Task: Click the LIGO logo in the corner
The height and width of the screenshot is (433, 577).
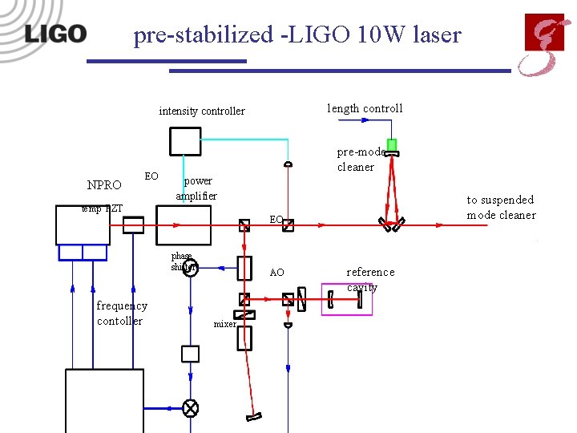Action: point(54,34)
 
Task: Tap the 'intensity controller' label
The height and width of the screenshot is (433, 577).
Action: point(202,111)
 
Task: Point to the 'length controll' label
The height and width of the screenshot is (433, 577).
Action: point(365,108)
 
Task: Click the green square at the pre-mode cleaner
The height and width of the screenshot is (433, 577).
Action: point(391,144)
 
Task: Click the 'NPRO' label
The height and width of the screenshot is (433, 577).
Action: point(104,185)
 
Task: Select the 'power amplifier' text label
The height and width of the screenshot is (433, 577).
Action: point(197,188)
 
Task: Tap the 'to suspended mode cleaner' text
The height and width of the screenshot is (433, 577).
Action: point(501,207)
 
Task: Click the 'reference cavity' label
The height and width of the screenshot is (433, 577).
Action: point(369,279)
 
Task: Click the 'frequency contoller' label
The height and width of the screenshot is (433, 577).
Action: point(121,313)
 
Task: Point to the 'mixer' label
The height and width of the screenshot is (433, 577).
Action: point(224,325)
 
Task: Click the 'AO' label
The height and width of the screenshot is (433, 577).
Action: point(276,273)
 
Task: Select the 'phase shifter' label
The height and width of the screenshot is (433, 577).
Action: point(182,261)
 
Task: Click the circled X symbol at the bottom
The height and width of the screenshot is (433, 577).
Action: point(191,408)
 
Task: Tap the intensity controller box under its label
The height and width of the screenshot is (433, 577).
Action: point(185,140)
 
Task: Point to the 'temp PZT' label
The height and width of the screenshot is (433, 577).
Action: point(102,208)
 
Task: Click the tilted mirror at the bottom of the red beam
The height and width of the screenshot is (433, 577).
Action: point(254,415)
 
